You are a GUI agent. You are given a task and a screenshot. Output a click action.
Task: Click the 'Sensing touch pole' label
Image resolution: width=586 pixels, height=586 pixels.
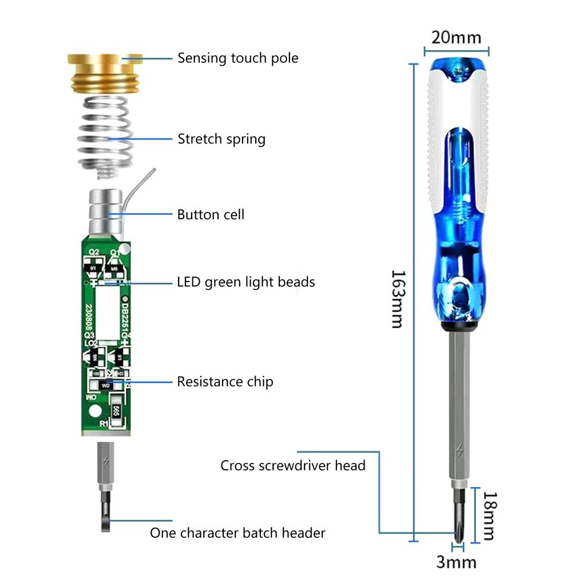[237, 58]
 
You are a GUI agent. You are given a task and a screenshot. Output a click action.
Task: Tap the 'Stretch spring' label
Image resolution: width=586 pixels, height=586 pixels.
[221, 139]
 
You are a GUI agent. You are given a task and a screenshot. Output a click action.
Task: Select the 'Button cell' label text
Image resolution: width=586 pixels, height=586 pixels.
[211, 215]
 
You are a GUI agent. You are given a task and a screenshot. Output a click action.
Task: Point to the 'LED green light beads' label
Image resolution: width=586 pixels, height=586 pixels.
[246, 282]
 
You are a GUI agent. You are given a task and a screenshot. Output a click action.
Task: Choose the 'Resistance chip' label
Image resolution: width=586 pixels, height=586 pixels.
[225, 382]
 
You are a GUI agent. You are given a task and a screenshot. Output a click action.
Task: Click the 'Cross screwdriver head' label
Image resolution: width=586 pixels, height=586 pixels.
[292, 465]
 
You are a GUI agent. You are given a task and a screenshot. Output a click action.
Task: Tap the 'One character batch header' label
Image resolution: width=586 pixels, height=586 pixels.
[237, 533]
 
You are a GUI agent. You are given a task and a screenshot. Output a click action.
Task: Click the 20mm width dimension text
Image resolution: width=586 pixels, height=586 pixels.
[456, 38]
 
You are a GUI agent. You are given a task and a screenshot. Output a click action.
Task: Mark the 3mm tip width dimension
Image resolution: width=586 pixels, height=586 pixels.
[456, 561]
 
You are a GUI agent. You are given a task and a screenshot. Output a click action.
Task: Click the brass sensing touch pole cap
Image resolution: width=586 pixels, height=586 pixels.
[105, 73]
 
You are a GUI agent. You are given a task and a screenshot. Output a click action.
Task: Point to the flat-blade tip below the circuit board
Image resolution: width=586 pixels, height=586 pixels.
[105, 512]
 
